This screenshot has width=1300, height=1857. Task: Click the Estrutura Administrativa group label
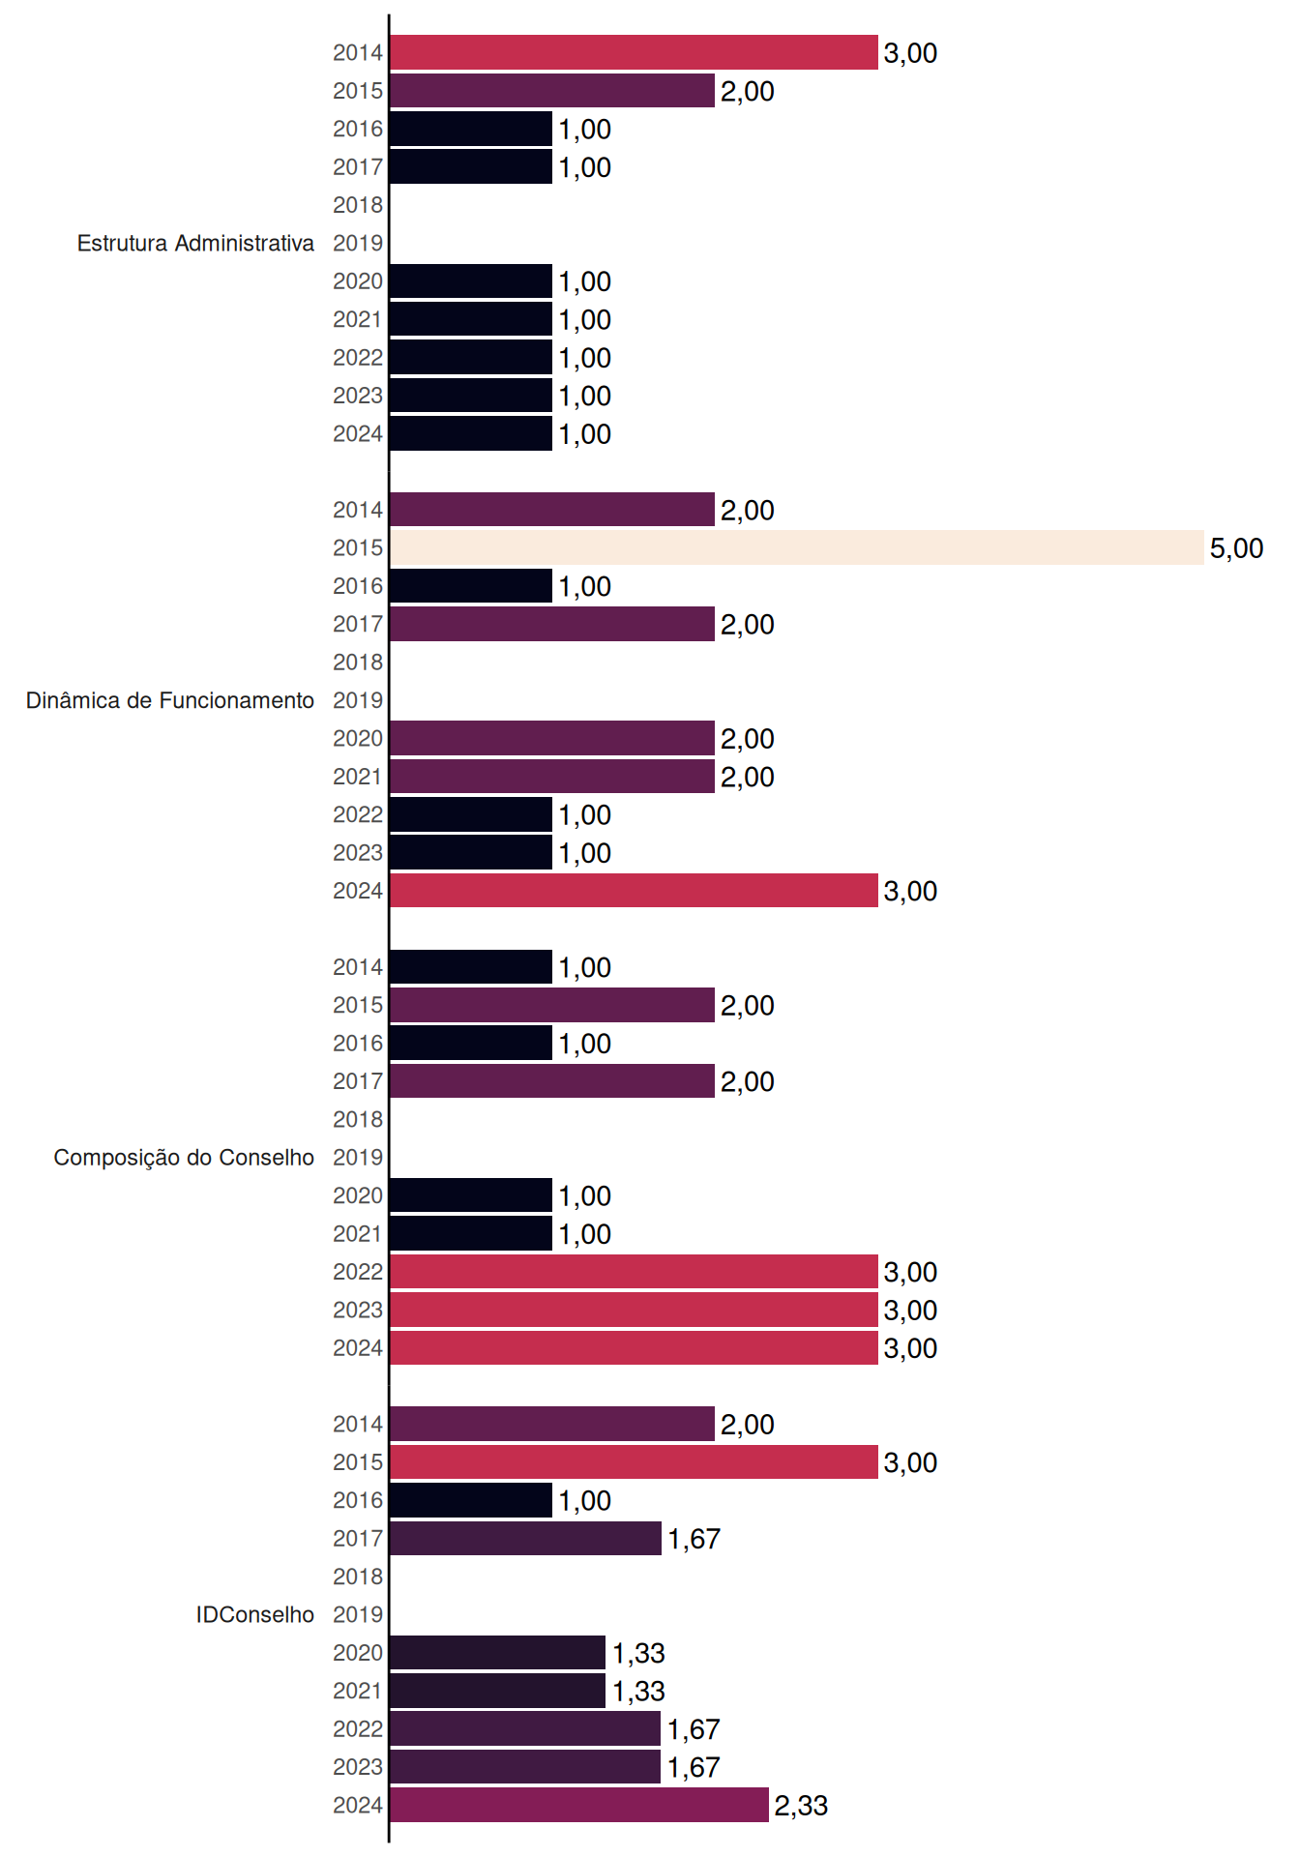[x=195, y=243]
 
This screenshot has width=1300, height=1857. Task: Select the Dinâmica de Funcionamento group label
[x=170, y=700]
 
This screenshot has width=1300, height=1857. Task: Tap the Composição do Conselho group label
[x=184, y=1158]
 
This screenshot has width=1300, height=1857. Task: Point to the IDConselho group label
[x=255, y=1614]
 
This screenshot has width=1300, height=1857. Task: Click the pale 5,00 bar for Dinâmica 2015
[x=797, y=547]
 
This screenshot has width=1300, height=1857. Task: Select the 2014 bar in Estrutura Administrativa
[x=634, y=52]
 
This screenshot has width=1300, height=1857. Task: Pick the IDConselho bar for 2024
[x=579, y=1805]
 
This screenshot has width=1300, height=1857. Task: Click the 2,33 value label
[x=801, y=1806]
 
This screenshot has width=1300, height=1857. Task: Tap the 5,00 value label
[x=1236, y=548]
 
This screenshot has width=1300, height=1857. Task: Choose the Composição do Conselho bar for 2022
[x=634, y=1272]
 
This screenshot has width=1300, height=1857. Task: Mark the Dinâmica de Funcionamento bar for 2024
[x=634, y=891]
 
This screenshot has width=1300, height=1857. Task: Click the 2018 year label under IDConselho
[x=358, y=1577]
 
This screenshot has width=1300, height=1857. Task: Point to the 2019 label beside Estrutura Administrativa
[x=358, y=243]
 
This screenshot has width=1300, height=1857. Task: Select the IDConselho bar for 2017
[x=525, y=1538]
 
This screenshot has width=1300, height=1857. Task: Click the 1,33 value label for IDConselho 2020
[x=638, y=1653]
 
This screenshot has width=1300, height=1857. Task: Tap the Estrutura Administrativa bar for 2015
[x=552, y=91]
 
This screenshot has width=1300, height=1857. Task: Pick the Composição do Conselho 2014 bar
[x=471, y=966]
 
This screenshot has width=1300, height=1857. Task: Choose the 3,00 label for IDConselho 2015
[x=910, y=1462]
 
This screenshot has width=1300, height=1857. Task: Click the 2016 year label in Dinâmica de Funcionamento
[x=358, y=586]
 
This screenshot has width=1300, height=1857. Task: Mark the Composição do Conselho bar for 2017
[x=552, y=1081]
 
